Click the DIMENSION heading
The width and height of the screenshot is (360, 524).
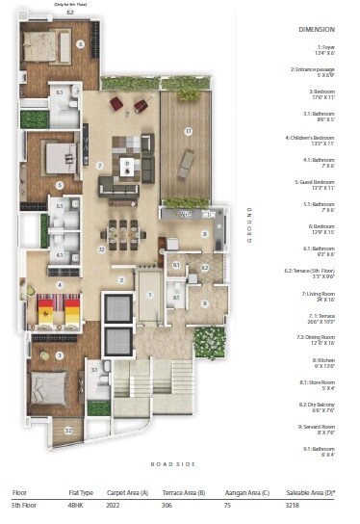point(316,31)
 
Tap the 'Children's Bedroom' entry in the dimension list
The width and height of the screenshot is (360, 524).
point(315,138)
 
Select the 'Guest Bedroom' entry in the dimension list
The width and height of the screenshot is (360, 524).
point(318,182)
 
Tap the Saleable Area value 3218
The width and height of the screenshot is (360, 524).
point(296,504)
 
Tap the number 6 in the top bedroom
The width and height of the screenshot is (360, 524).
point(81,43)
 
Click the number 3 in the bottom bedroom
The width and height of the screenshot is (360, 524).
point(59,356)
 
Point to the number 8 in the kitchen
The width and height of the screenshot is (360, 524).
point(204,233)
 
